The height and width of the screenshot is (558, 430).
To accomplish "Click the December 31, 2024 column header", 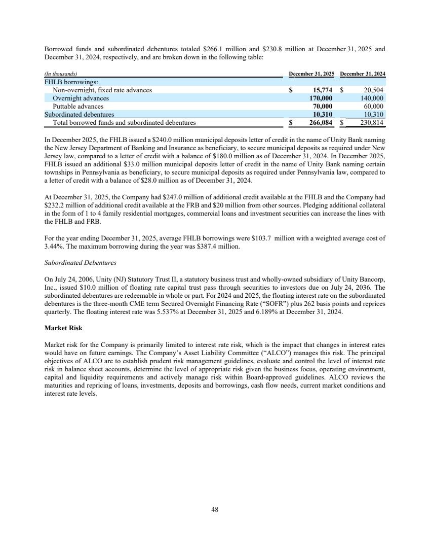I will (x=363, y=75).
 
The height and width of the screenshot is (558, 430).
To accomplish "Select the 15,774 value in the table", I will (x=321, y=90).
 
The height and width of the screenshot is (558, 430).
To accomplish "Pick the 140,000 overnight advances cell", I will (x=372, y=98).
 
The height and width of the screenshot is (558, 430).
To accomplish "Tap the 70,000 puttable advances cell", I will (x=321, y=107).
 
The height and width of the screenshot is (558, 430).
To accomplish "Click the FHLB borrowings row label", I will (x=67, y=82).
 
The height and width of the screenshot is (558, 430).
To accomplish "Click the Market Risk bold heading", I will (x=63, y=328).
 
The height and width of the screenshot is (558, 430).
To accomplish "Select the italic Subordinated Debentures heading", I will (x=80, y=263).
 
